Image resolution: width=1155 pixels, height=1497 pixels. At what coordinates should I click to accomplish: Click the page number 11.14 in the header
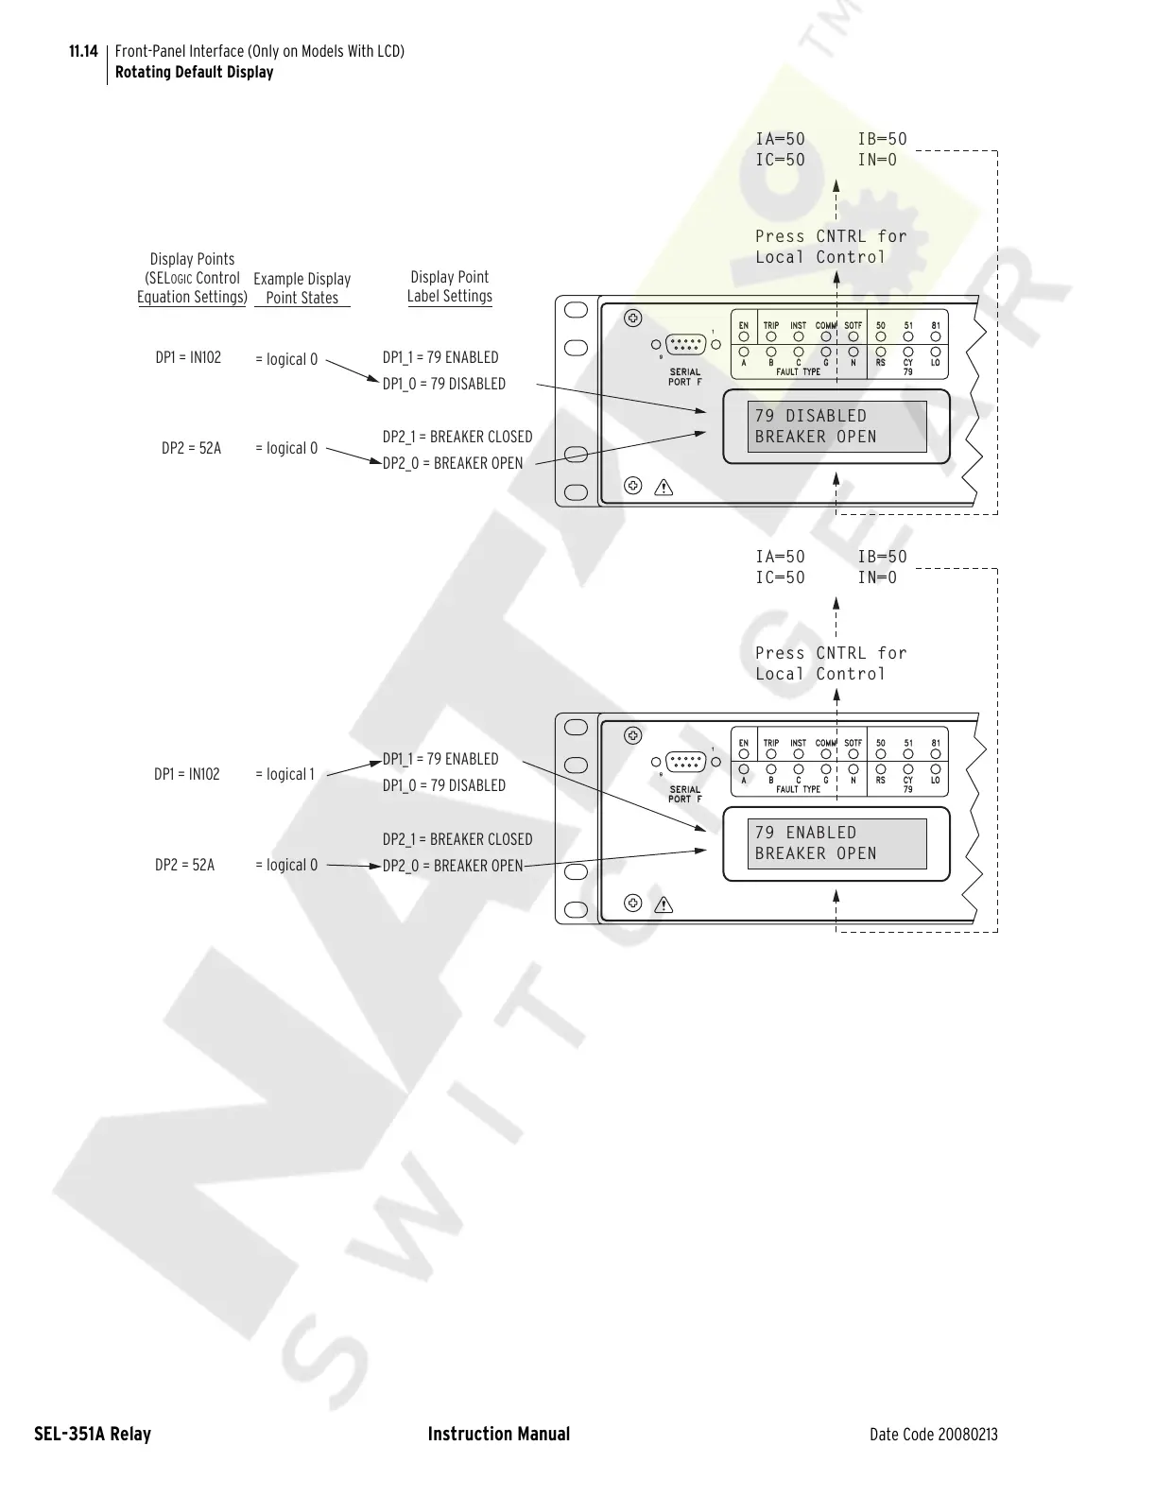coord(83,51)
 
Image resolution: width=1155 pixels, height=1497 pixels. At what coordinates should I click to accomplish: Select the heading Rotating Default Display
coord(194,72)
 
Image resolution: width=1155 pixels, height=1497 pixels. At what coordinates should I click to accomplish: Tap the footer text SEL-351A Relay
coord(93,1434)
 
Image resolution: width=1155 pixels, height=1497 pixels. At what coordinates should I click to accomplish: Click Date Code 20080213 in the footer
coord(933,1435)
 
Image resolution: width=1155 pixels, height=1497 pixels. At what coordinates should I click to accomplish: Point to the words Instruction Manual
coord(498,1434)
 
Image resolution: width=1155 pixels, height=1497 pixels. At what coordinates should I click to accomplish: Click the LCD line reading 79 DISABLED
coord(810,416)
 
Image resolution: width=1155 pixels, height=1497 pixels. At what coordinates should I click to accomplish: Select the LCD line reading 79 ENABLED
coord(805,833)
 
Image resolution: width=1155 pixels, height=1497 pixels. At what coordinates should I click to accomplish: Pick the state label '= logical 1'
coord(284,774)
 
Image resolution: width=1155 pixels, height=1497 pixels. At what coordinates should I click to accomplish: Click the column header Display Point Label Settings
coord(450,286)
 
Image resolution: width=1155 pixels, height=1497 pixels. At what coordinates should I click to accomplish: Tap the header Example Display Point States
coord(302,288)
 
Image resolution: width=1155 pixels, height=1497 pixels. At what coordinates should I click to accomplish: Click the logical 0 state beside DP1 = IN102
coord(286,359)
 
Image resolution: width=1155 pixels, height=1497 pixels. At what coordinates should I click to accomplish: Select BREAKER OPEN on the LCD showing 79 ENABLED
coord(816,853)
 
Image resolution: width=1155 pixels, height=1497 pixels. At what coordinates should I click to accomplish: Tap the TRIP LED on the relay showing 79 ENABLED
coord(771,754)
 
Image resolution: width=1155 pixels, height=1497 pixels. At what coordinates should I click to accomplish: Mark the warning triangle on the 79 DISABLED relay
coord(664,488)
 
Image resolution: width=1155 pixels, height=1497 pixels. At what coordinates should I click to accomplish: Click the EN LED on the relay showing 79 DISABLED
coord(744,336)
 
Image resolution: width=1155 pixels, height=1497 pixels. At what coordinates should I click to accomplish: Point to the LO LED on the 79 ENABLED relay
coord(936,768)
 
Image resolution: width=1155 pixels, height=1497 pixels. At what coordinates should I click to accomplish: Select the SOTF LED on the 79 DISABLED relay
coord(853,336)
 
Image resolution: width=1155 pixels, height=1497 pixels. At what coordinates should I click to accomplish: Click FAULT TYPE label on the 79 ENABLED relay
coord(799,789)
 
